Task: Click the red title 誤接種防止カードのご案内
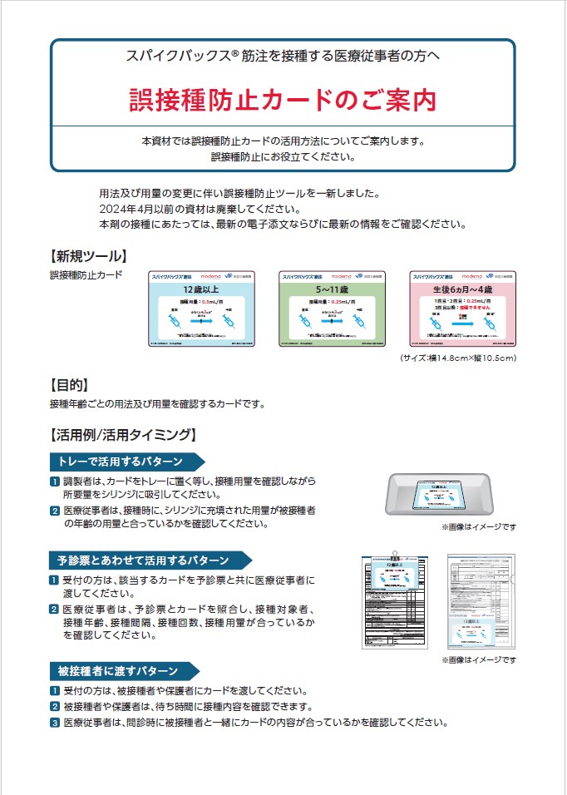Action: [x=283, y=99]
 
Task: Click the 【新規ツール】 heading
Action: [x=88, y=255]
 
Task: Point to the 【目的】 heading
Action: [x=70, y=385]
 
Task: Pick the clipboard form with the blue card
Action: [x=394, y=600]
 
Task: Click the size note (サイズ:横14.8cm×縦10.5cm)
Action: [x=459, y=358]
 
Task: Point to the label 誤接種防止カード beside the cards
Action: [x=86, y=274]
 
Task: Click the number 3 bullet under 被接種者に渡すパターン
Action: [x=55, y=723]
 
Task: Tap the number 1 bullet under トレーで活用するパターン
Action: [x=55, y=481]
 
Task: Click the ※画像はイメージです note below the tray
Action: [x=478, y=527]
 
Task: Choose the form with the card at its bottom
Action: [x=481, y=600]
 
